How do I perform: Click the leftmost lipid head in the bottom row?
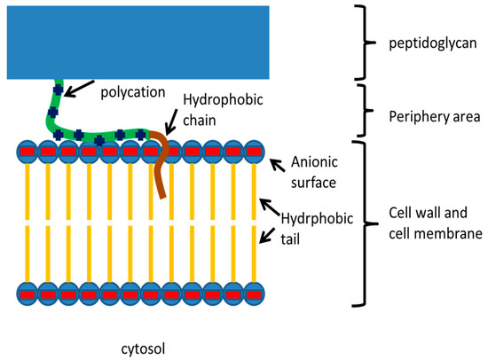point(27,291)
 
